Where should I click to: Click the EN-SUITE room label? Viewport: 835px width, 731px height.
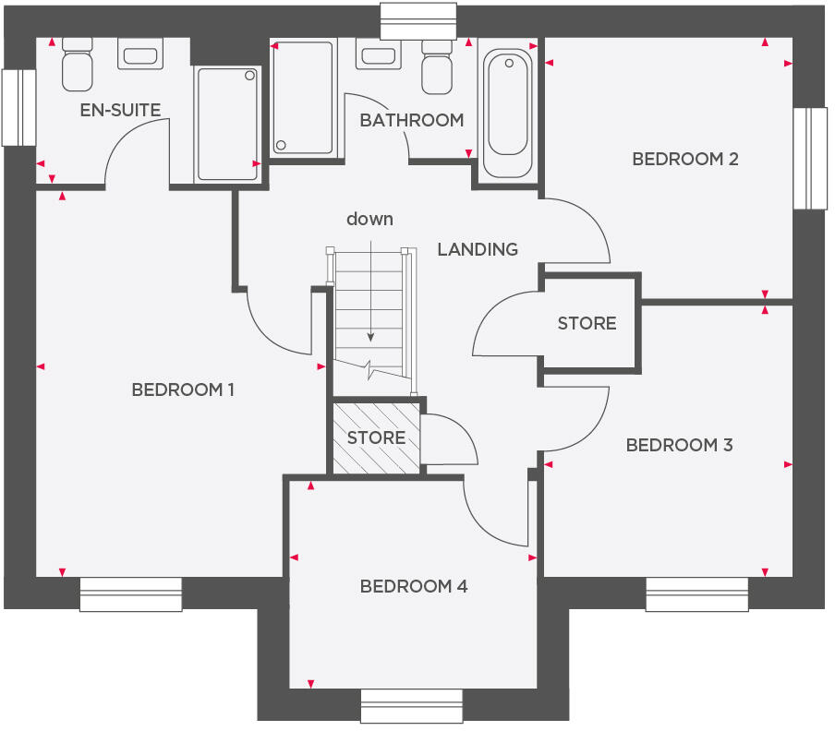(120, 110)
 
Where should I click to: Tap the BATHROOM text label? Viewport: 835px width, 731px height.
(411, 120)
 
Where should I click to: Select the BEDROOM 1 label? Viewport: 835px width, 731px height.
(183, 389)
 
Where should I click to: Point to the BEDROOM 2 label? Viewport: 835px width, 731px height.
(684, 159)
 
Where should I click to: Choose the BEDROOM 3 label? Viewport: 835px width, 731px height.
(679, 445)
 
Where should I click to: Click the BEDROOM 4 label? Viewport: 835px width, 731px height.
(414, 586)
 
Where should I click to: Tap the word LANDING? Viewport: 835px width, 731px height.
(478, 249)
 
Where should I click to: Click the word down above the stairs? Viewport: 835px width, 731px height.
(369, 219)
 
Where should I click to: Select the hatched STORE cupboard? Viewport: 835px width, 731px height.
(376, 437)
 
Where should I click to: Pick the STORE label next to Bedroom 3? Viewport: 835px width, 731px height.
(587, 323)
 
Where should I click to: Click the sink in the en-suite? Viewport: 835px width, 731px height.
(140, 54)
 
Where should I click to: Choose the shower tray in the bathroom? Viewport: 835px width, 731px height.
(302, 97)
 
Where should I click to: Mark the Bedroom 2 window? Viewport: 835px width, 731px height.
(809, 158)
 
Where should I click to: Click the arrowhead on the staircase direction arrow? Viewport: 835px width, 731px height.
(369, 338)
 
